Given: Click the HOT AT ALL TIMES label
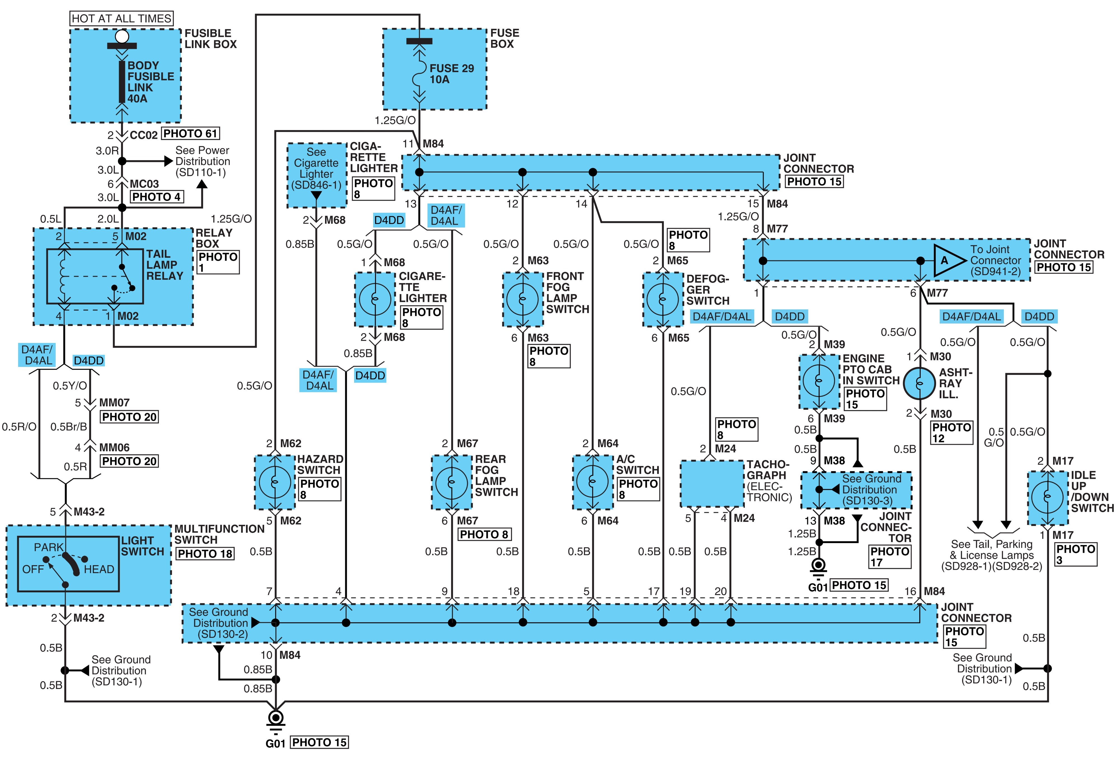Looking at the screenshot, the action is click(x=122, y=18).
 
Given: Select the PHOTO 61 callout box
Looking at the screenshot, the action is click(x=191, y=133).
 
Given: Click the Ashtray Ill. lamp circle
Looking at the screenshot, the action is click(x=919, y=383).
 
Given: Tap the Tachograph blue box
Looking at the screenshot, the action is click(x=712, y=483).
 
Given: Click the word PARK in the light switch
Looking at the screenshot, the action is click(x=49, y=547).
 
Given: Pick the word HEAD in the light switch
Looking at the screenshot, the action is click(x=99, y=569).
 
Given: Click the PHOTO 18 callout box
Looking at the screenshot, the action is click(x=205, y=554).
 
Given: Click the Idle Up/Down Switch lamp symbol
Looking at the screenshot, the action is click(x=1047, y=497).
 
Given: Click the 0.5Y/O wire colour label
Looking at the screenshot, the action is click(x=70, y=386).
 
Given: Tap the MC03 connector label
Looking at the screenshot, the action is click(x=144, y=184).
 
